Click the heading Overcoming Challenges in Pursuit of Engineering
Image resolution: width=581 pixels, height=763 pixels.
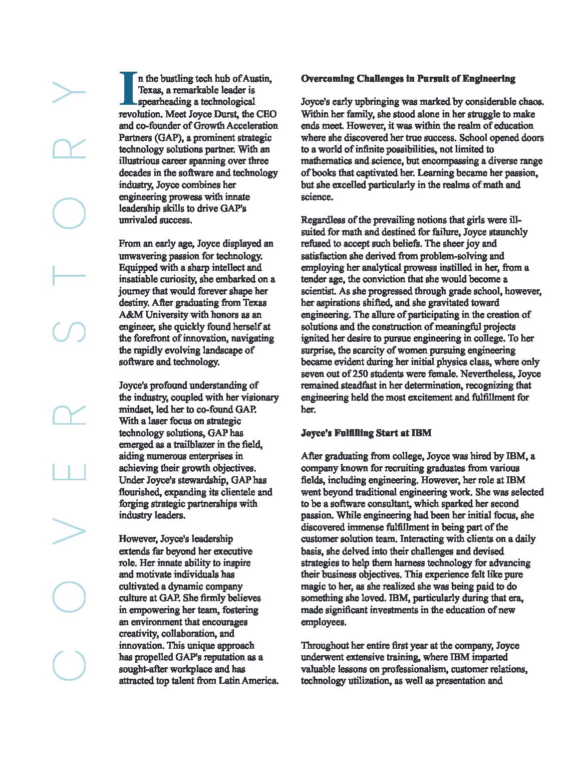(408, 79)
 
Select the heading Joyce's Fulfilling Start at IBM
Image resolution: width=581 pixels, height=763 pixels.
(366, 433)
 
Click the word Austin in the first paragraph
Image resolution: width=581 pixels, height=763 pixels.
(258, 79)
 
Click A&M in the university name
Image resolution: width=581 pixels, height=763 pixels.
(131, 314)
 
